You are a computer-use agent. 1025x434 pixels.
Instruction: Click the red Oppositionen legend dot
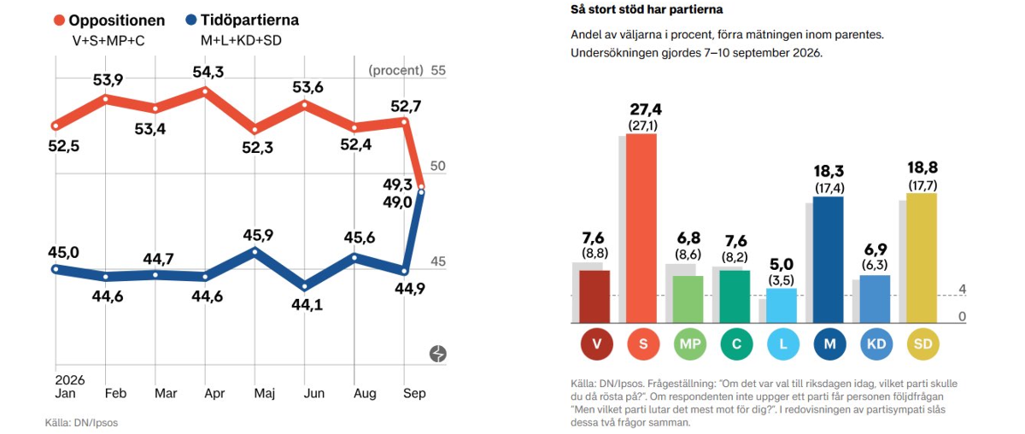(59, 21)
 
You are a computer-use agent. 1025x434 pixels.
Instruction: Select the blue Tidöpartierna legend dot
(190, 20)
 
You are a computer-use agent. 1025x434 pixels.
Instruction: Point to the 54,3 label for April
(208, 72)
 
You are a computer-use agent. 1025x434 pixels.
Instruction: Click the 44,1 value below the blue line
(307, 304)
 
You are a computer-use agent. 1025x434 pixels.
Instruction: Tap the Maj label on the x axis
(265, 393)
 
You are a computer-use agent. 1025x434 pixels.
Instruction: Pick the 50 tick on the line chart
(438, 166)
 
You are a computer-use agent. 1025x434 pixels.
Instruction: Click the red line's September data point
(421, 187)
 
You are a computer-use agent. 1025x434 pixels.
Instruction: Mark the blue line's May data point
(255, 251)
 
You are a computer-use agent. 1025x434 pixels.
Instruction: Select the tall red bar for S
(641, 228)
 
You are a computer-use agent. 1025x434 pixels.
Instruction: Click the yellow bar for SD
(922, 258)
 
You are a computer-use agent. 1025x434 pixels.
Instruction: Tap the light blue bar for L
(782, 306)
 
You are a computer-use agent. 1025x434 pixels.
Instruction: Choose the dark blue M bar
(829, 260)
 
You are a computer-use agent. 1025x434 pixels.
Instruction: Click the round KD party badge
(876, 343)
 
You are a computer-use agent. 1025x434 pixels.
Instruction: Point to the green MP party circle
(690, 343)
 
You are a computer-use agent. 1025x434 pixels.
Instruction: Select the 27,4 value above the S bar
(646, 109)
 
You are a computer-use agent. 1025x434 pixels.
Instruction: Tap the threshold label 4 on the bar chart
(963, 290)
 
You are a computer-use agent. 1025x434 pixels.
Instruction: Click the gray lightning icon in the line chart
(438, 354)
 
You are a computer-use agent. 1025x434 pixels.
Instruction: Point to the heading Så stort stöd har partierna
(647, 9)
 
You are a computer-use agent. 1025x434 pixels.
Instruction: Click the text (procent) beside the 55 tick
(395, 71)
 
